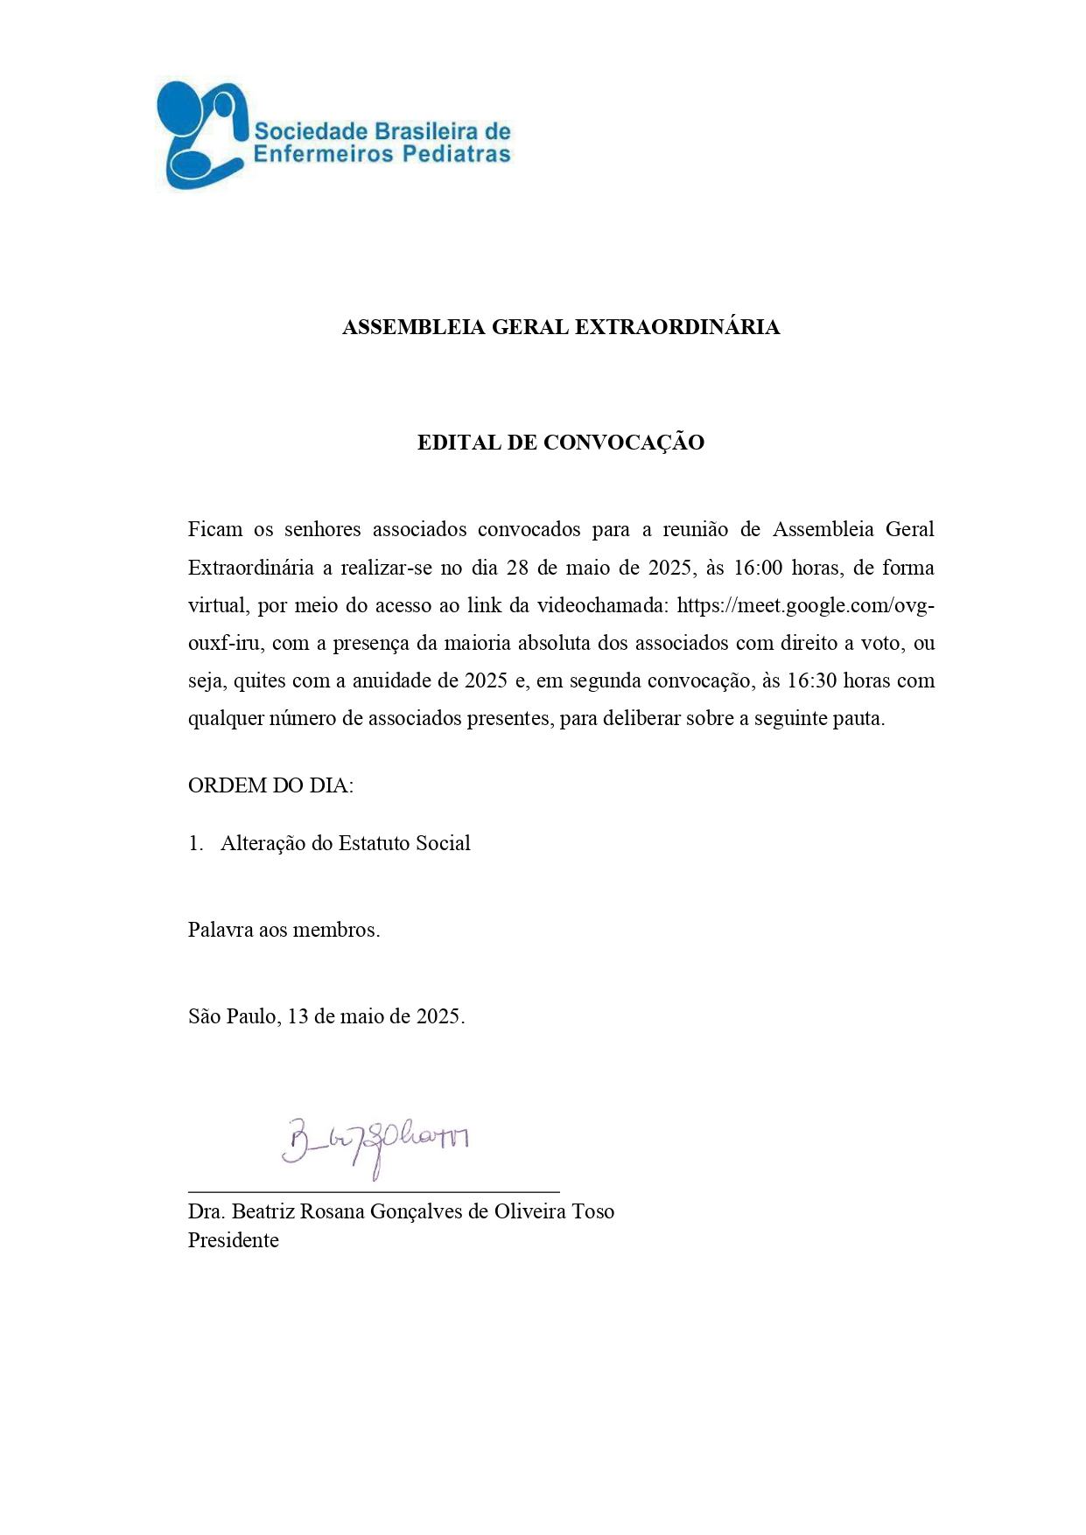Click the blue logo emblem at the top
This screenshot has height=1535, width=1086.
coord(200,135)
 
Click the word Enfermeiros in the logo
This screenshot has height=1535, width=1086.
coord(311,155)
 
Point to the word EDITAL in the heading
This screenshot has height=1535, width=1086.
coord(458,443)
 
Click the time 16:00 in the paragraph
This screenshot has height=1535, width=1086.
coord(757,568)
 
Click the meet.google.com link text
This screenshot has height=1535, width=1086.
coord(805,605)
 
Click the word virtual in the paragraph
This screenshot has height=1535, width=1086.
coord(216,605)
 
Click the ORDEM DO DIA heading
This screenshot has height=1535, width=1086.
coord(270,785)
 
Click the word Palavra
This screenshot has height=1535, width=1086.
coord(220,930)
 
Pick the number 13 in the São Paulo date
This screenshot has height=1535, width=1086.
coord(298,1016)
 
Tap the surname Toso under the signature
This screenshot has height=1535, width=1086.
coord(592,1211)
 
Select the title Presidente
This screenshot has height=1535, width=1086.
coord(233,1240)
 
